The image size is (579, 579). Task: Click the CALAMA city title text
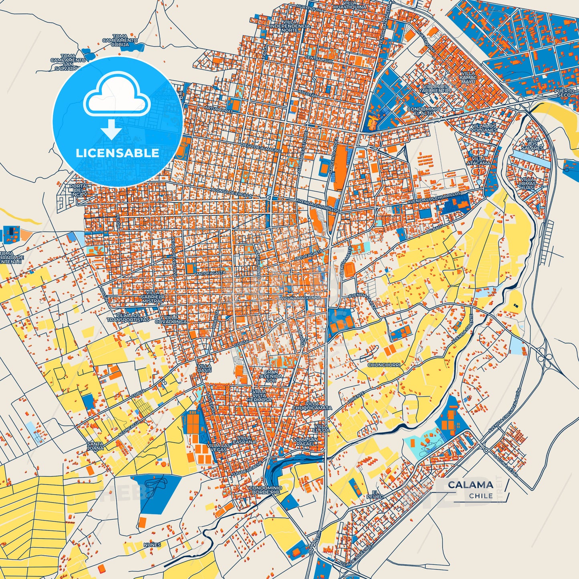point(470,484)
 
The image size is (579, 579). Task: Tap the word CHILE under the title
point(481,496)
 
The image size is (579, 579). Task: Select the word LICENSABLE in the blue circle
point(117,153)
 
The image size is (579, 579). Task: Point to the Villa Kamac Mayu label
point(468,78)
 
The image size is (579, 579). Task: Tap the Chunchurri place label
point(384,365)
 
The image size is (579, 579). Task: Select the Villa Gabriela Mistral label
point(153,297)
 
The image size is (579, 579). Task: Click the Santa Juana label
point(95,446)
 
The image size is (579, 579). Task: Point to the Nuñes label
point(152,545)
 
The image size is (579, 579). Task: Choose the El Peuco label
point(375,494)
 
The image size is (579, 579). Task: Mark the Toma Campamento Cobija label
point(120,40)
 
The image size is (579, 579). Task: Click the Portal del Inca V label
point(79,190)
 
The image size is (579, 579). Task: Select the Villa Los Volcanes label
point(484,128)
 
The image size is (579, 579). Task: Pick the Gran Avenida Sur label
point(271,376)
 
